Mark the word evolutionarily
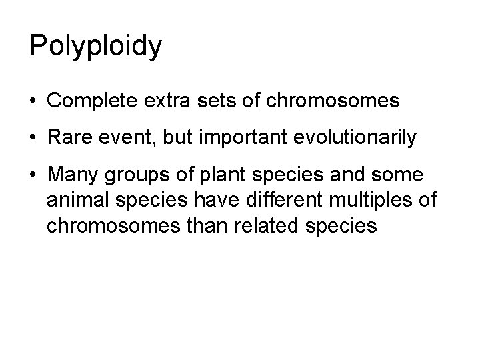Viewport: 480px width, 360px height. click(361, 138)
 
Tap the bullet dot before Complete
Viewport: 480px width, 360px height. click(33, 101)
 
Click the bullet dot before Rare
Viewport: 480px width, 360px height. click(33, 139)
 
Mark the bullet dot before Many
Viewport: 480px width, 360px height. click(33, 176)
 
